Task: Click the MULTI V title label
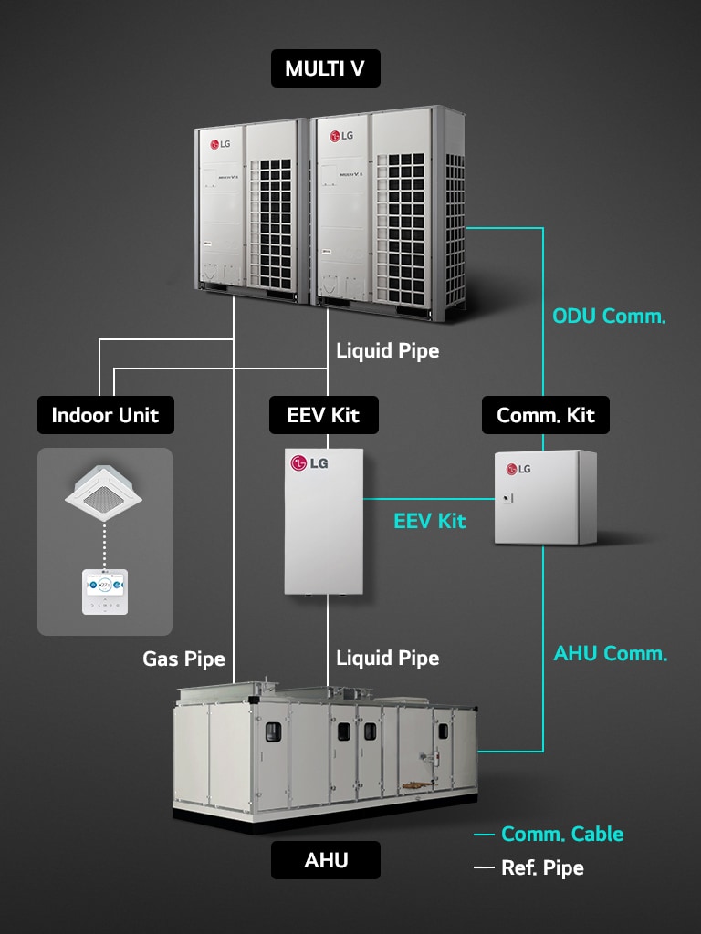[x=326, y=69]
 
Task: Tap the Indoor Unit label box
[x=105, y=415]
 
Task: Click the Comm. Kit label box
[x=545, y=415]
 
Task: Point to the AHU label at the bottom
[x=326, y=859]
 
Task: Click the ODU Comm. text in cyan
[x=609, y=317]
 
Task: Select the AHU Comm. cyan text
[x=610, y=653]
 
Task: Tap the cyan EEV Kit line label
[x=429, y=521]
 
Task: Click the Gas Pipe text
[x=183, y=658]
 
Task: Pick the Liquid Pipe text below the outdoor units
[x=387, y=350]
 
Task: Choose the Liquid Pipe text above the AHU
[x=387, y=658]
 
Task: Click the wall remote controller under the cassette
[x=105, y=591]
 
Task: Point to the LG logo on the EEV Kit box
[x=309, y=463]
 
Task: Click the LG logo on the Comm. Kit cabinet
[x=518, y=469]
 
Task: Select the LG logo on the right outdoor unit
[x=341, y=137]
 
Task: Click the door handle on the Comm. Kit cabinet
[x=511, y=498]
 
